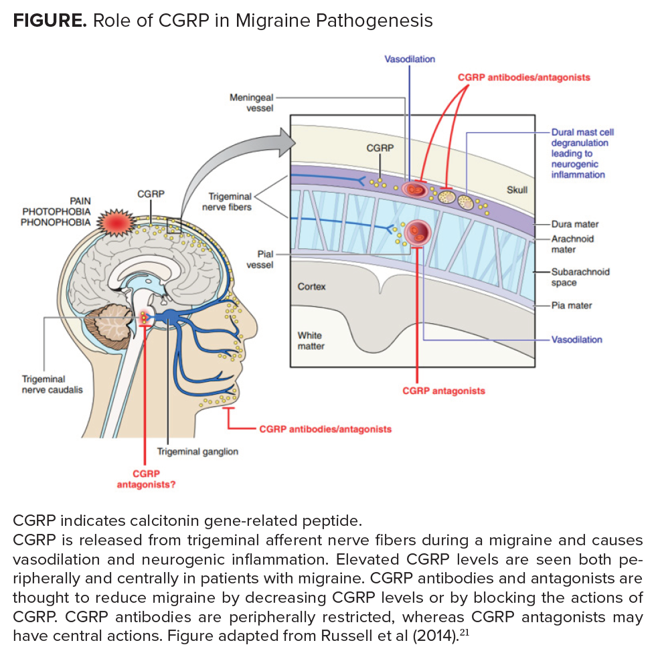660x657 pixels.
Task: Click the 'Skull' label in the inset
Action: tap(517, 190)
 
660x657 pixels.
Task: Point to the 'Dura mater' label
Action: tap(574, 224)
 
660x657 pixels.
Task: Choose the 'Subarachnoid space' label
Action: tap(580, 277)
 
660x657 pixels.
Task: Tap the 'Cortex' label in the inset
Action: tap(311, 286)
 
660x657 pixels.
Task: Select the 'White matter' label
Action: tap(311, 340)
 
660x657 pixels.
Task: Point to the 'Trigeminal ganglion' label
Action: tap(197, 451)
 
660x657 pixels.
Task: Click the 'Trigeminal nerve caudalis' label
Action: tap(53, 384)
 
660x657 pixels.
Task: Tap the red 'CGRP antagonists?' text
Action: tap(146, 478)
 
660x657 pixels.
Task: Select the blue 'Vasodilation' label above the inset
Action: tap(409, 59)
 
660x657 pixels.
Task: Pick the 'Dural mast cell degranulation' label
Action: tap(579, 153)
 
